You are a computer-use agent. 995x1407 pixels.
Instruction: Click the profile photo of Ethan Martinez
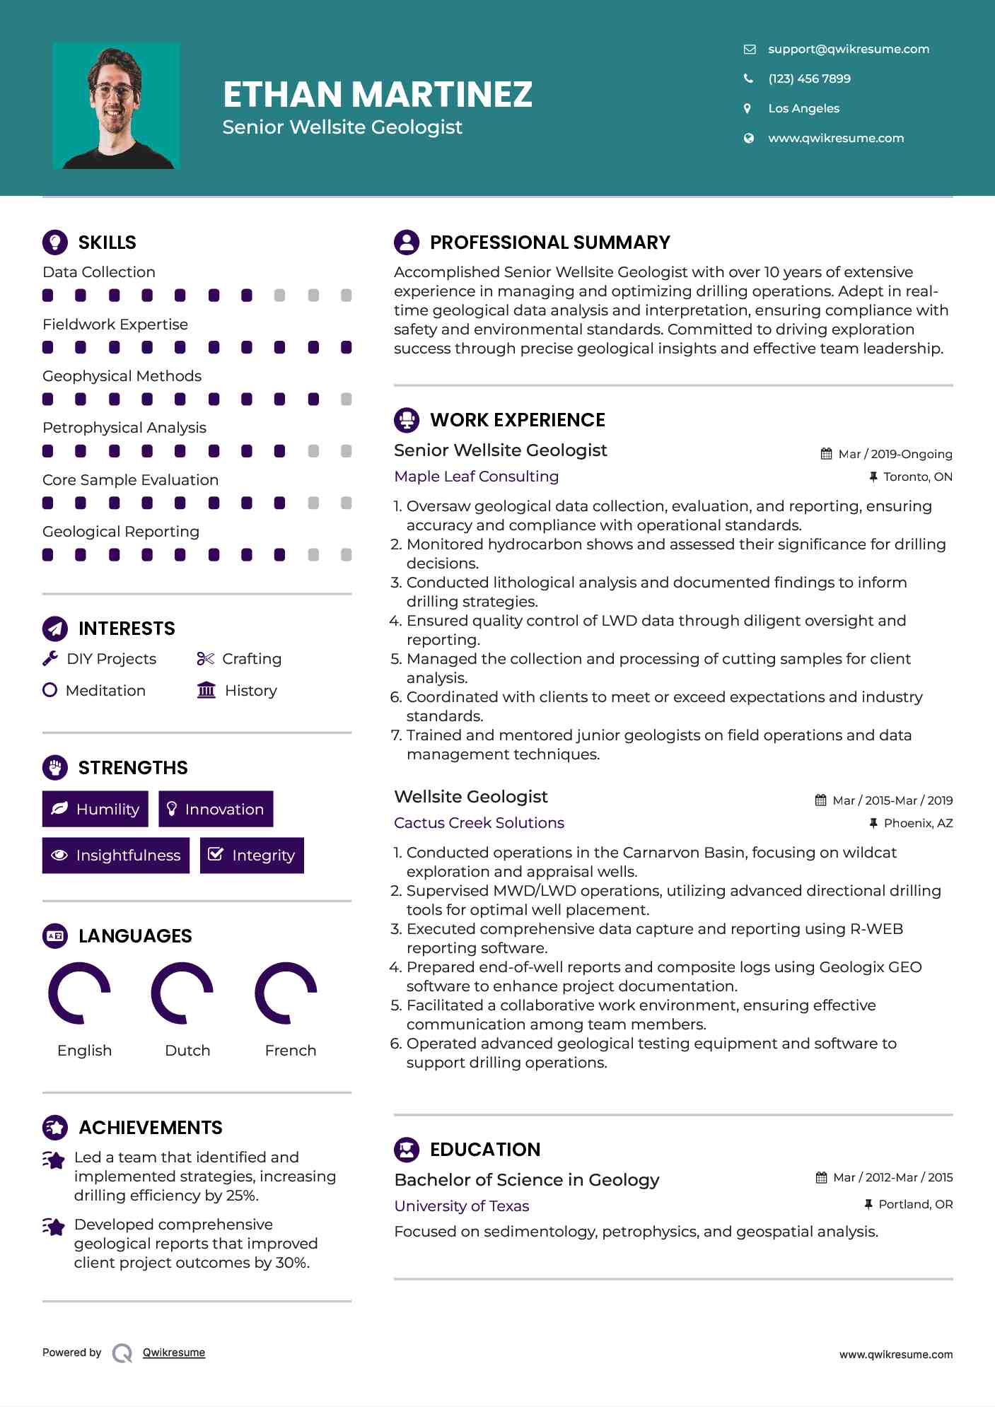116,106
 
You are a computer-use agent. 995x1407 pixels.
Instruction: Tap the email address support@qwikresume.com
848,49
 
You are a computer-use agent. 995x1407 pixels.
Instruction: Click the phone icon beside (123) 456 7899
748,78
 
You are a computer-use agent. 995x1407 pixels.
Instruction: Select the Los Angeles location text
803,108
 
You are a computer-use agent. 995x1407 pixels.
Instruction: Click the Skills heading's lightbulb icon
55,242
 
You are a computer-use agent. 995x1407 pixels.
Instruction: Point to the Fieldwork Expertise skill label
115,325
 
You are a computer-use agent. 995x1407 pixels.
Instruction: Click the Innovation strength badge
216,809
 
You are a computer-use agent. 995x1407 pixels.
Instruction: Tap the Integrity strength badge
252,856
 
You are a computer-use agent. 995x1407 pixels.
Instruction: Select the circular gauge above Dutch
182,993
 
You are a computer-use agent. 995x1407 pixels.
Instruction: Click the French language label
290,1051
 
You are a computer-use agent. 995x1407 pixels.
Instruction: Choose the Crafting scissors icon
205,659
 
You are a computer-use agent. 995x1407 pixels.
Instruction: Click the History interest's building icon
206,690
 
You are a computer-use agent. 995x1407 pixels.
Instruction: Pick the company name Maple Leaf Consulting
476,477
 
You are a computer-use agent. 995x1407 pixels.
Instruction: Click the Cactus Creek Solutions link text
479,823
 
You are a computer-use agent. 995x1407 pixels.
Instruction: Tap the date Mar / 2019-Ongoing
895,454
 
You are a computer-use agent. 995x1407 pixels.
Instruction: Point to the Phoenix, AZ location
918,823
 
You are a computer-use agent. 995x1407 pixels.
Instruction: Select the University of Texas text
461,1206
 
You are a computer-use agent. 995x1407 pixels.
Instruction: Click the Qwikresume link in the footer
174,1353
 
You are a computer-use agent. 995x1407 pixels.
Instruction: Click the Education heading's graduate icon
407,1150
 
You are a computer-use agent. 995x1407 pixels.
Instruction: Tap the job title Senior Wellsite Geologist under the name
342,127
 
